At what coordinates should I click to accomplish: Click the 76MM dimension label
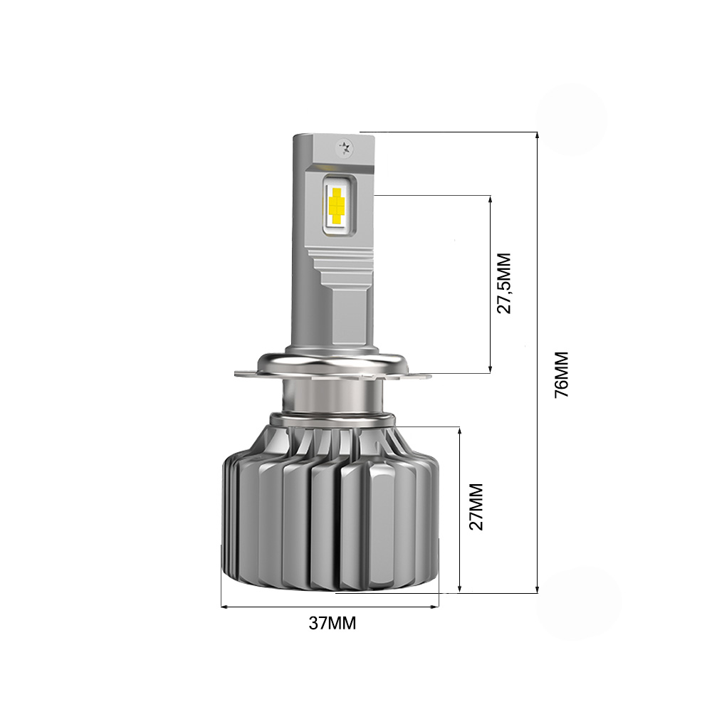[562, 373]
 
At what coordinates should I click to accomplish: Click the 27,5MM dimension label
[505, 283]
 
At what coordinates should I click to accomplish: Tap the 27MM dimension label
[476, 506]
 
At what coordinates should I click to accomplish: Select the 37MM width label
[332, 624]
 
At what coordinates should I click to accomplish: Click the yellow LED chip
[335, 202]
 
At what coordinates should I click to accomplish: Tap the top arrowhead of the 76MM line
[536, 136]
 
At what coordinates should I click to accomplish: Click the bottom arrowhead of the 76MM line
[536, 589]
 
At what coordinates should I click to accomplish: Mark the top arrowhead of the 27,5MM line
[491, 198]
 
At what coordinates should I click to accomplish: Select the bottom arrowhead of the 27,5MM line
[491, 369]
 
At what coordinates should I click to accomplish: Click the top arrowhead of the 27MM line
[461, 430]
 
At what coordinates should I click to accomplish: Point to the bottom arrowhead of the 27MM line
[461, 588]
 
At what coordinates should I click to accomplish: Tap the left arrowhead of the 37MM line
[225, 607]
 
